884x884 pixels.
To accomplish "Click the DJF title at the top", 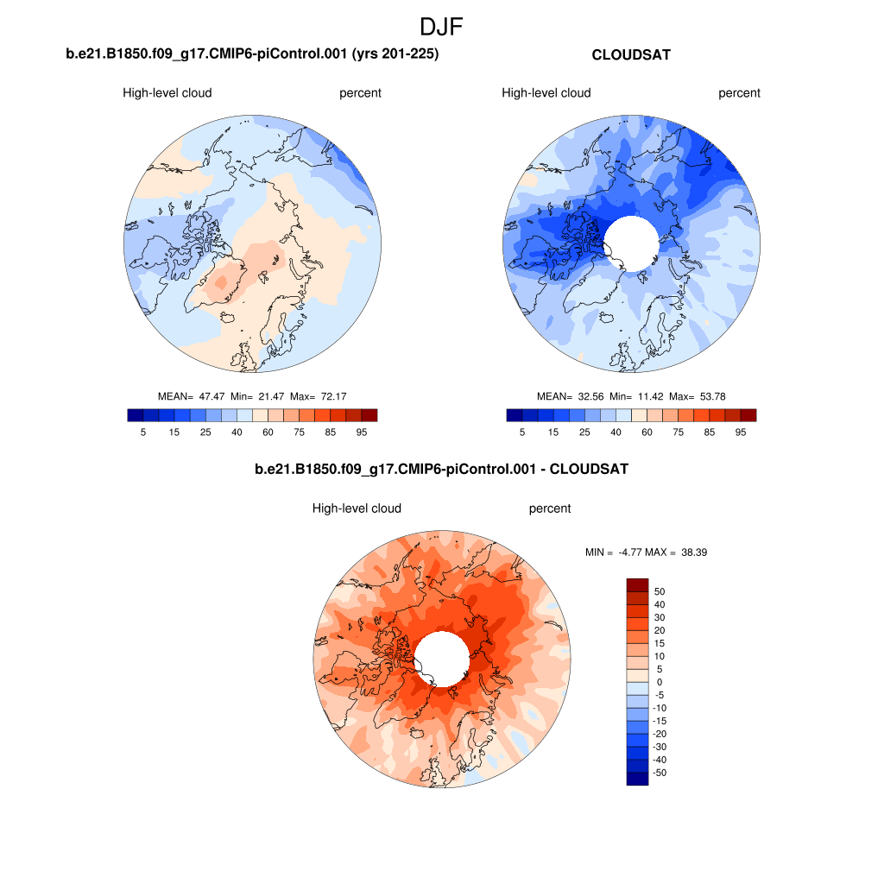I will coord(441,27).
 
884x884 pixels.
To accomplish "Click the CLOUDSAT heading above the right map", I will coord(631,54).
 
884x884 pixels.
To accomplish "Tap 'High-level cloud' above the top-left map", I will coord(167,93).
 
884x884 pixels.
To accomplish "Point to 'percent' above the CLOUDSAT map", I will coord(739,93).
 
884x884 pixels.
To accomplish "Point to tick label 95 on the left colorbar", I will coord(361,432).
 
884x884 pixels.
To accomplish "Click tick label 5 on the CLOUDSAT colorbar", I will coord(521,432).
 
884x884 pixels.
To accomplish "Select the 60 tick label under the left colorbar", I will coord(268,432).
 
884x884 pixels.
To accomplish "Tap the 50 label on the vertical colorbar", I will coord(660,591).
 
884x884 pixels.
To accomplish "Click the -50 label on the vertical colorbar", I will coord(659,773).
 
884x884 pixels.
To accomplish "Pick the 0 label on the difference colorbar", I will coord(659,682).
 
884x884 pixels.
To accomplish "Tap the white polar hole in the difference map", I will coord(442,659).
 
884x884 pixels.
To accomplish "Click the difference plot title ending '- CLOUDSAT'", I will coord(441,470).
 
